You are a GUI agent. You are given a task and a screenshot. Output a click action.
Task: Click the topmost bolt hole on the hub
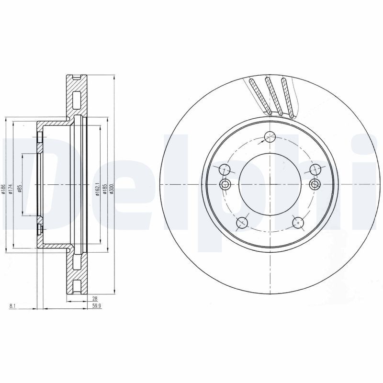tap(270, 136)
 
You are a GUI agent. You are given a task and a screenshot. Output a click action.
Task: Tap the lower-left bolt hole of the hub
tap(243, 222)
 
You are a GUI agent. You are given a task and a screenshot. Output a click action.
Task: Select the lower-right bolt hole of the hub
tap(298, 222)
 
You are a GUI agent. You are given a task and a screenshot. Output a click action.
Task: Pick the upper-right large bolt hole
tap(315, 169)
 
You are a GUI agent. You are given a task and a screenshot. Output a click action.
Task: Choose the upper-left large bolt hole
tap(225, 169)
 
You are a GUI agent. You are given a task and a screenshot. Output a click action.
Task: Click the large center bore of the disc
tap(270, 185)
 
